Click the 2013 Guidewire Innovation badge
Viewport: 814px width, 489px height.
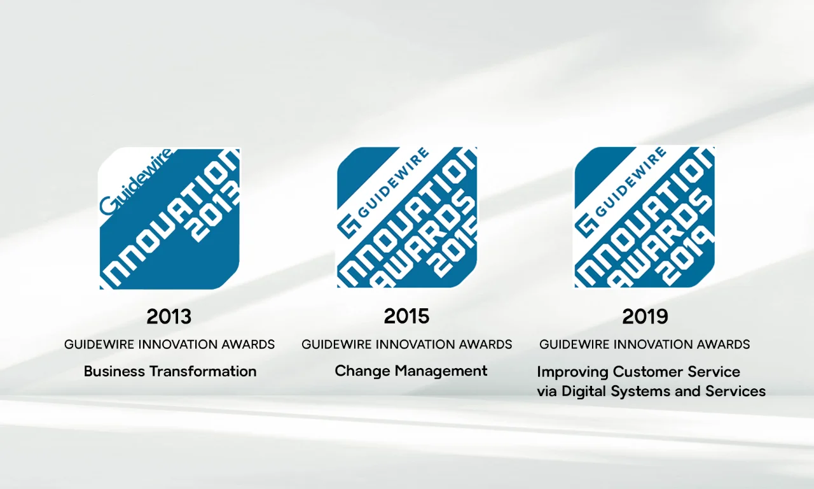click(x=170, y=218)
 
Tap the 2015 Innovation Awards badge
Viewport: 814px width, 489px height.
click(x=407, y=218)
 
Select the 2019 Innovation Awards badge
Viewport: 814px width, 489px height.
click(x=644, y=218)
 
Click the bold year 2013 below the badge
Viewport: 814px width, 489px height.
click(x=169, y=316)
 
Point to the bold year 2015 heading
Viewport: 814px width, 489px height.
click(x=406, y=316)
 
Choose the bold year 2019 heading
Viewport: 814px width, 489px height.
click(x=645, y=316)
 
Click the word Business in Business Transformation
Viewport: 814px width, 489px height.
click(x=109, y=371)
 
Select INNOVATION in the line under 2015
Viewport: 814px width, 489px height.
click(x=408, y=344)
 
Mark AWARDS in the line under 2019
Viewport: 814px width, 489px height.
click(x=723, y=344)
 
